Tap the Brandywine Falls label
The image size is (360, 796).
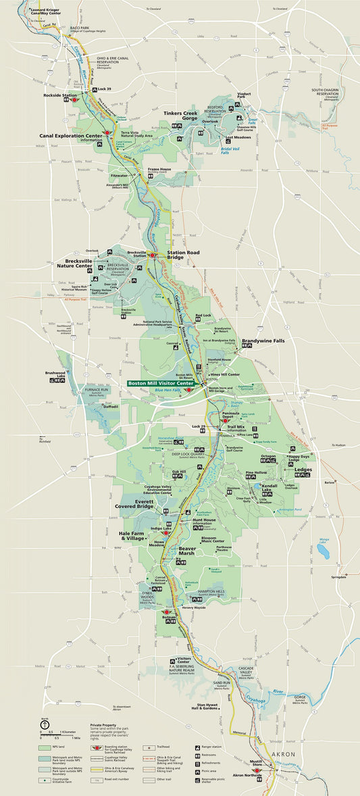[x=263, y=341]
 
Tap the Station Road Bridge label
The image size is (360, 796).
[x=184, y=255]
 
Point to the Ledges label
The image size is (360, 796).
[x=303, y=469]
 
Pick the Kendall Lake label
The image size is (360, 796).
[x=270, y=486]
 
